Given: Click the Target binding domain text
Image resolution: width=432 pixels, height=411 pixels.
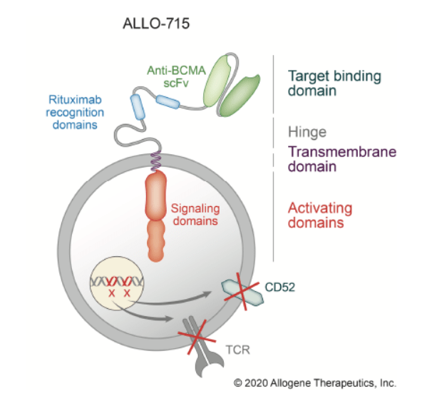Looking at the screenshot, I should coord(334,83).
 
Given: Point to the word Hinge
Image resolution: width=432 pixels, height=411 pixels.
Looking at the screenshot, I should coord(307,132).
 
